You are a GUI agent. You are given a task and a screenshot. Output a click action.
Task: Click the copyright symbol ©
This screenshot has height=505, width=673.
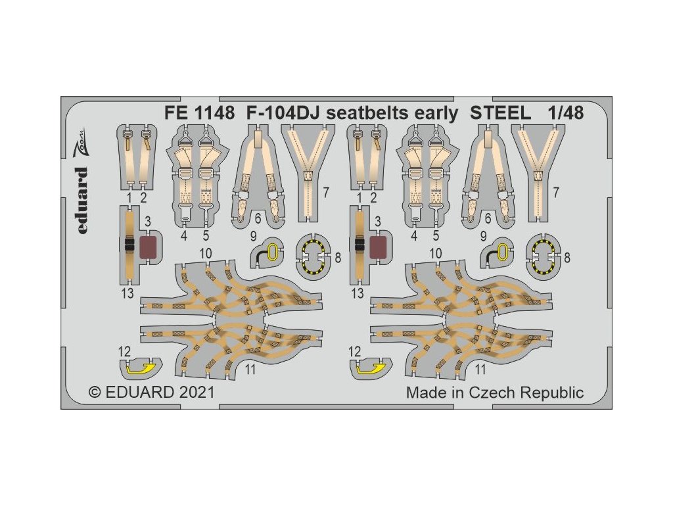tap(95, 393)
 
